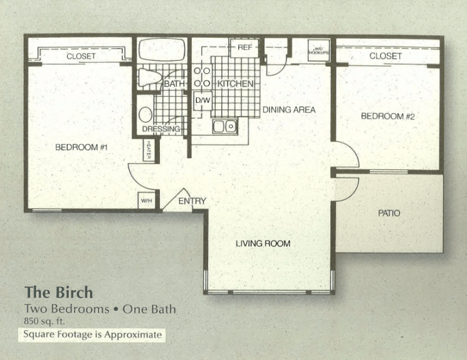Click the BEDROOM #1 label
[82, 147]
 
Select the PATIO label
[389, 213]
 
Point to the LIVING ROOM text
[262, 243]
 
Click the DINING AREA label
[289, 110]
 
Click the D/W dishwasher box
[202, 100]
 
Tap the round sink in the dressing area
[145, 114]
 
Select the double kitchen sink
[224, 126]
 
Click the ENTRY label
[192, 201]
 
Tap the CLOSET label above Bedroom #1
[81, 56]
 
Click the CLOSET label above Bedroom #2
[385, 56]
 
